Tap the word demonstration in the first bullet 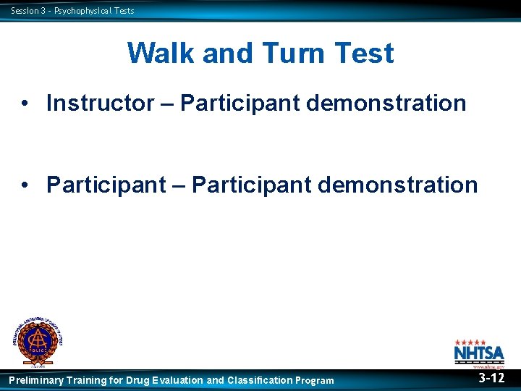click(x=386, y=104)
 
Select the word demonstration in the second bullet click(x=397, y=185)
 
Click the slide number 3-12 click(x=492, y=378)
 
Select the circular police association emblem click(x=37, y=340)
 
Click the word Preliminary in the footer click(x=35, y=380)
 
